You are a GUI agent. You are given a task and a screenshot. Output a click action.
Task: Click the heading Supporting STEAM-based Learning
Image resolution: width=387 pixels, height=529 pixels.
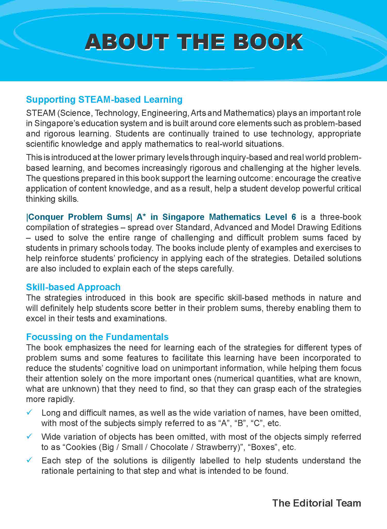[x=104, y=100]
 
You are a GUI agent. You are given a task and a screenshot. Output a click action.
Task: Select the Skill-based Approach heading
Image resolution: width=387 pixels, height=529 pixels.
[x=73, y=287]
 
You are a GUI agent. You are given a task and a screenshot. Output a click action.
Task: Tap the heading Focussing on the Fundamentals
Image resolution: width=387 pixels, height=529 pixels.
[x=97, y=337]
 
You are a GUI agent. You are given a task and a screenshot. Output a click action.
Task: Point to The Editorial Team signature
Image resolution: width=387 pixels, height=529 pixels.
[x=316, y=503]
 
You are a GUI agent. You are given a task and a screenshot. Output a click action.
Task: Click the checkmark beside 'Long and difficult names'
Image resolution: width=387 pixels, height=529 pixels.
[x=29, y=412]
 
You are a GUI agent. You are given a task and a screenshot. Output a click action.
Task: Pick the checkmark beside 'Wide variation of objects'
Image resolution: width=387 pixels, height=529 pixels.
[x=29, y=436]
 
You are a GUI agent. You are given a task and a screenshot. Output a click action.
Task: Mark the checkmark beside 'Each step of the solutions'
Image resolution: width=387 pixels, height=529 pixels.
[x=29, y=460]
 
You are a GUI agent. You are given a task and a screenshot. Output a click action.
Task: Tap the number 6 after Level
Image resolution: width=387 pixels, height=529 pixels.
[x=294, y=217]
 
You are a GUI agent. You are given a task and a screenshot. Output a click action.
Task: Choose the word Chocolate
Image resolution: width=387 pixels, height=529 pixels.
[x=169, y=447]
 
